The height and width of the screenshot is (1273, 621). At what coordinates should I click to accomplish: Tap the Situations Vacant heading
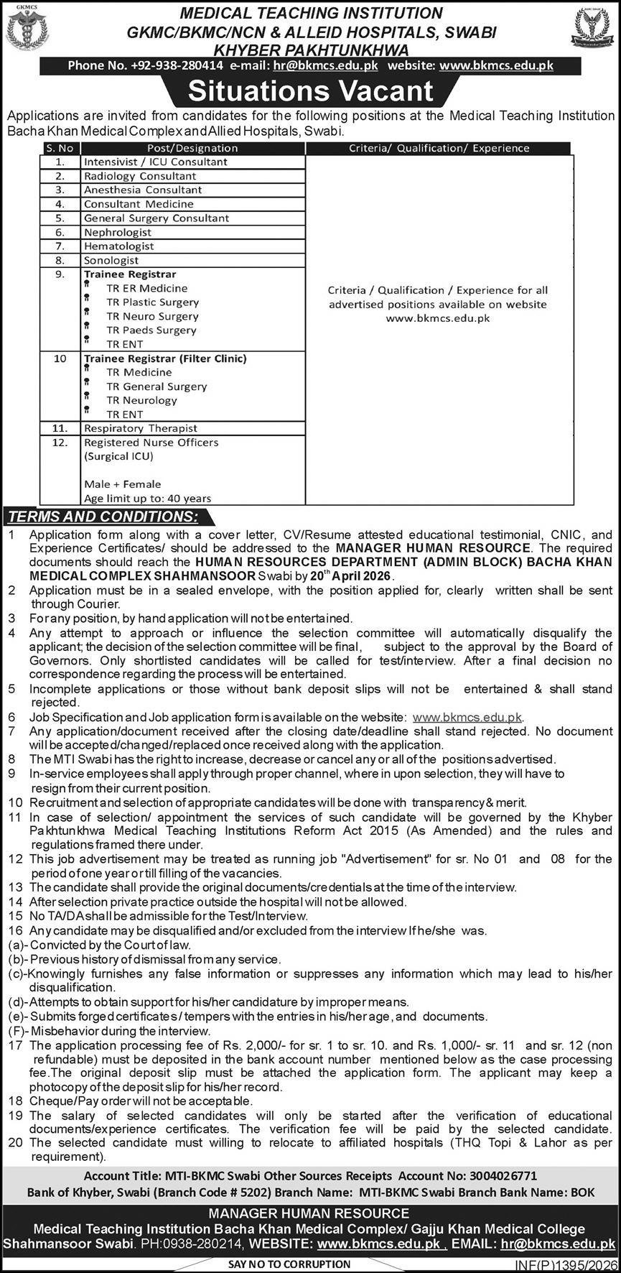(311, 91)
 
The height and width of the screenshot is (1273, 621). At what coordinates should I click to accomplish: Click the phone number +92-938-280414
(177, 65)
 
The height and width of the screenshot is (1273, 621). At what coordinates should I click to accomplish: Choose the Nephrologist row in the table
(118, 232)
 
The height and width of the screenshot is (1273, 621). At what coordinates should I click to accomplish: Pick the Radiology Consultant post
(140, 176)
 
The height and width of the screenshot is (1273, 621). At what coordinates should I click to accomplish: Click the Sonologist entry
(111, 260)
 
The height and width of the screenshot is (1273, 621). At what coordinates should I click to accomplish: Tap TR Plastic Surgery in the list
(152, 302)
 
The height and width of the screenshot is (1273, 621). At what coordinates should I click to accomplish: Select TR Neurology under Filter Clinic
(141, 400)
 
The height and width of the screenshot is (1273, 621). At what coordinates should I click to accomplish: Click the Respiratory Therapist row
(141, 428)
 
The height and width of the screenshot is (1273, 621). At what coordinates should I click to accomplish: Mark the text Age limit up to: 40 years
(147, 498)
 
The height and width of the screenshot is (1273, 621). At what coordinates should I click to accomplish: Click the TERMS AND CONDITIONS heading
(103, 517)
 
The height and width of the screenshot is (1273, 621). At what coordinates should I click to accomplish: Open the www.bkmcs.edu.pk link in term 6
(467, 717)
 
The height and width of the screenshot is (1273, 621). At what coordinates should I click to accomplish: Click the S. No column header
(60, 148)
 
